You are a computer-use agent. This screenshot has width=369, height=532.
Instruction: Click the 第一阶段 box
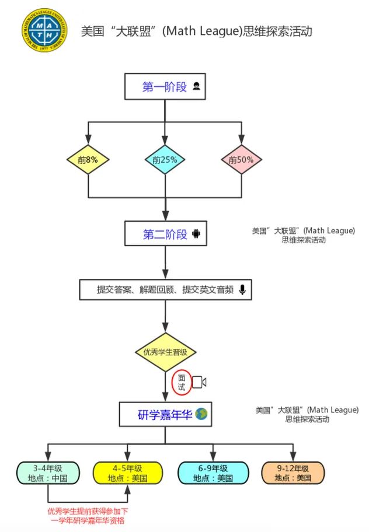click(165, 87)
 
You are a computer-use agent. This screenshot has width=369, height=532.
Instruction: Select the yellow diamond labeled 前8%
click(88, 159)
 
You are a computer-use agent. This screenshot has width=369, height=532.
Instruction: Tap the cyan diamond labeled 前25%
click(165, 159)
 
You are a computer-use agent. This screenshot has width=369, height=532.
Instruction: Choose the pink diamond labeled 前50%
click(241, 159)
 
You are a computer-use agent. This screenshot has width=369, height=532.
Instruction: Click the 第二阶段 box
click(165, 235)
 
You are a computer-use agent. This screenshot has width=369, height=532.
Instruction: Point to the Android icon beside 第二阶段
click(196, 235)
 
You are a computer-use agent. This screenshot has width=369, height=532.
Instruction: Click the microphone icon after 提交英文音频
click(242, 290)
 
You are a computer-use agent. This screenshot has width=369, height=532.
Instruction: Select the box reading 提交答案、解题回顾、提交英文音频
click(165, 290)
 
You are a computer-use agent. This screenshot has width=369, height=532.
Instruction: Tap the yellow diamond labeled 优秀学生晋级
click(165, 352)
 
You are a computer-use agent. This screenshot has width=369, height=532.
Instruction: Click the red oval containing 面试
click(182, 381)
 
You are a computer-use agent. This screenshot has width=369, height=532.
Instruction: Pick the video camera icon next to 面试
click(200, 382)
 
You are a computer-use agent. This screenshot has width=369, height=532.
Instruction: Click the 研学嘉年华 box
click(165, 415)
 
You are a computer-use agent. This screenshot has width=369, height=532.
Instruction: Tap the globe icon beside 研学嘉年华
click(202, 415)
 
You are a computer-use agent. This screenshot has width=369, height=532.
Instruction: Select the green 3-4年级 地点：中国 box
click(47, 473)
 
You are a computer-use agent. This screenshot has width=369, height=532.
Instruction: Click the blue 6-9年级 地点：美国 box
click(213, 473)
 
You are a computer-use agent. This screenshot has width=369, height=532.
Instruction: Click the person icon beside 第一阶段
click(197, 87)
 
